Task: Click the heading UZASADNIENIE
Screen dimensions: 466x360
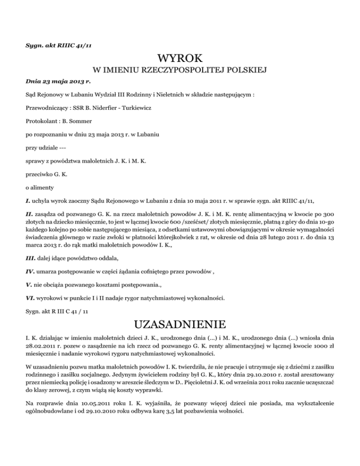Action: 180,325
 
